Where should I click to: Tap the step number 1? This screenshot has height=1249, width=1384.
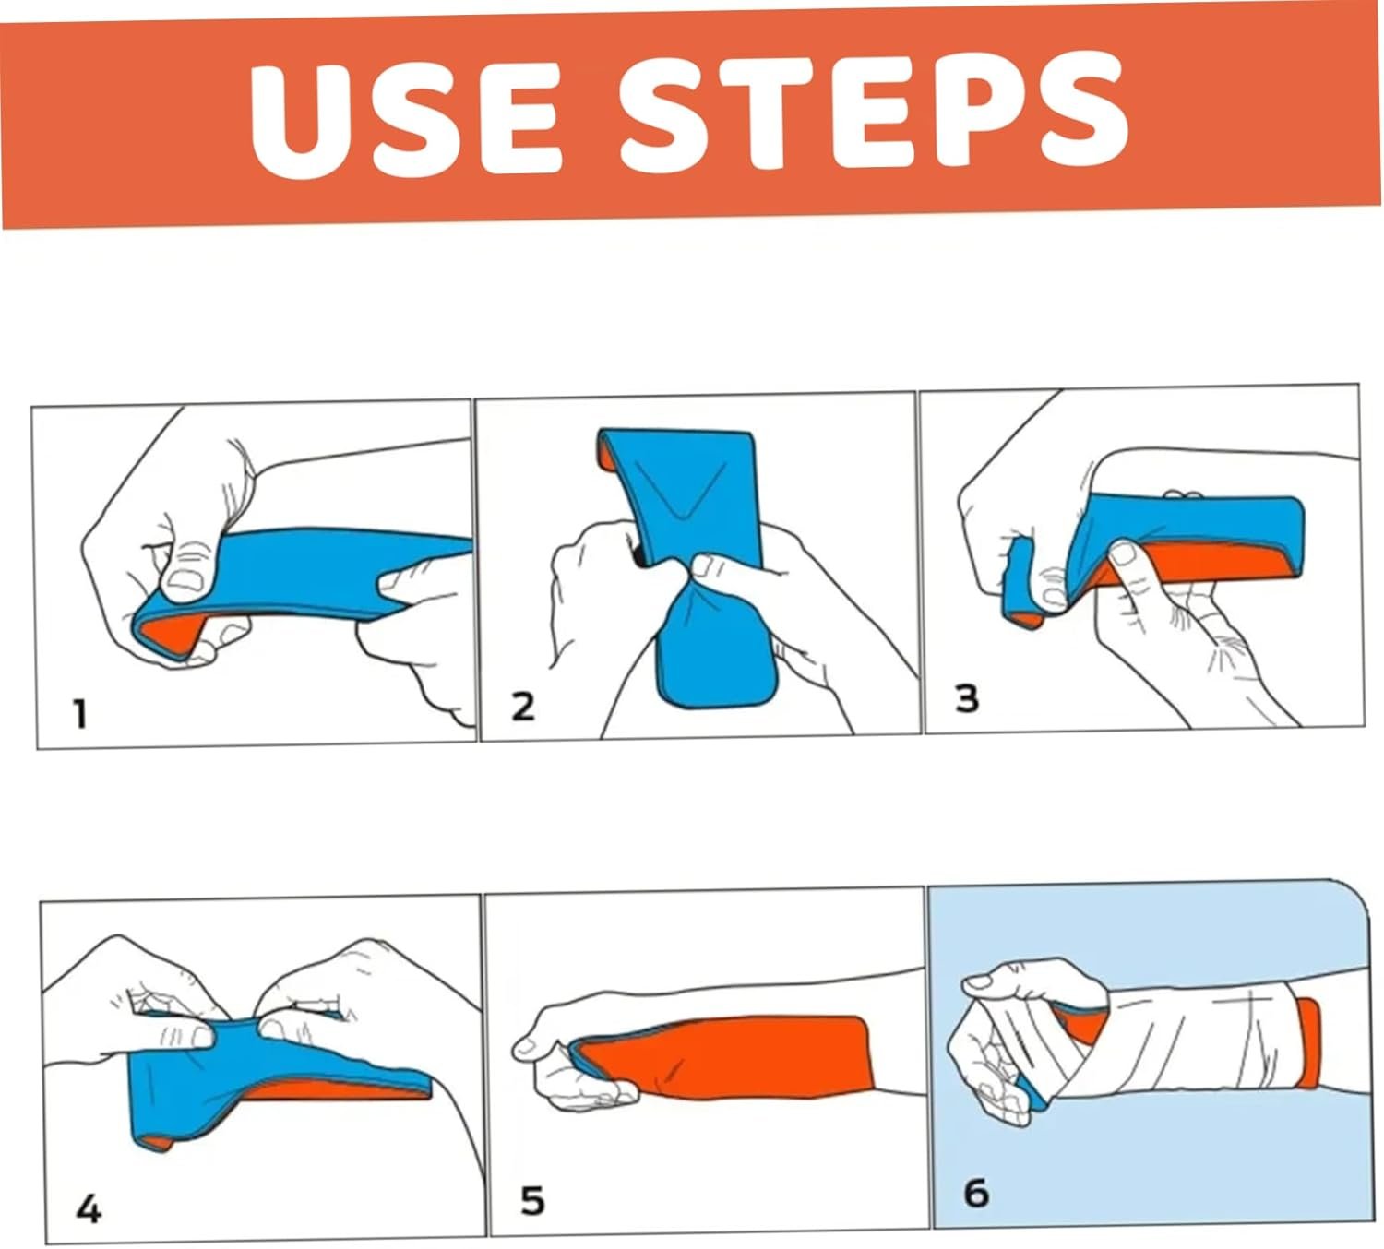click(80, 714)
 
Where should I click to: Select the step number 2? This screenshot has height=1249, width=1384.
click(522, 707)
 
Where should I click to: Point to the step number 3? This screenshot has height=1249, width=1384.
click(967, 697)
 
